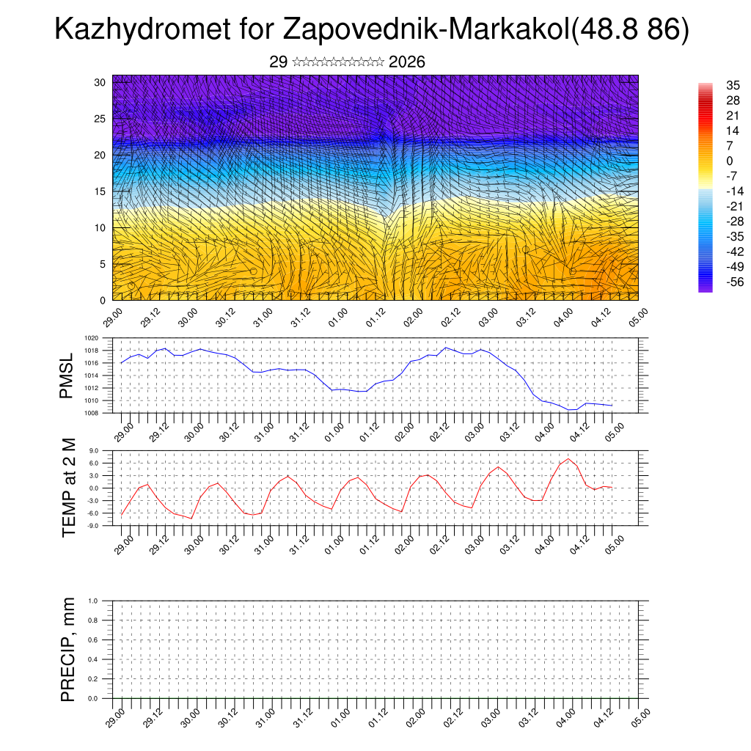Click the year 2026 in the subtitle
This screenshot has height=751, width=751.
coord(407,62)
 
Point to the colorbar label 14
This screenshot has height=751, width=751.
coord(733,130)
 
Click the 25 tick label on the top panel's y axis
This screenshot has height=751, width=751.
coord(100,118)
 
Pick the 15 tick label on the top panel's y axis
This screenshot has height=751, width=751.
coord(100,191)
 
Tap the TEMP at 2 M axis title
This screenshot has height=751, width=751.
coord(69,488)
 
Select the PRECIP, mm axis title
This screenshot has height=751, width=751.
coord(69,650)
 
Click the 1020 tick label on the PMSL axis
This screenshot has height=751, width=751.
coord(91,339)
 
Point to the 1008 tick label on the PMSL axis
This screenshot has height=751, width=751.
coord(91,413)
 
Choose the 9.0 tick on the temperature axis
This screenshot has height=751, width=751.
coord(93,451)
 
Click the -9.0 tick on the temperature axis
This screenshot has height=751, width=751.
coord(92,526)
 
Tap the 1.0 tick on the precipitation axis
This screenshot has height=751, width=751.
coord(93,601)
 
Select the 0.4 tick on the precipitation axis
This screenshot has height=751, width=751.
coord(93,659)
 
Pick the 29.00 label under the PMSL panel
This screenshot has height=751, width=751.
coord(124,430)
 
